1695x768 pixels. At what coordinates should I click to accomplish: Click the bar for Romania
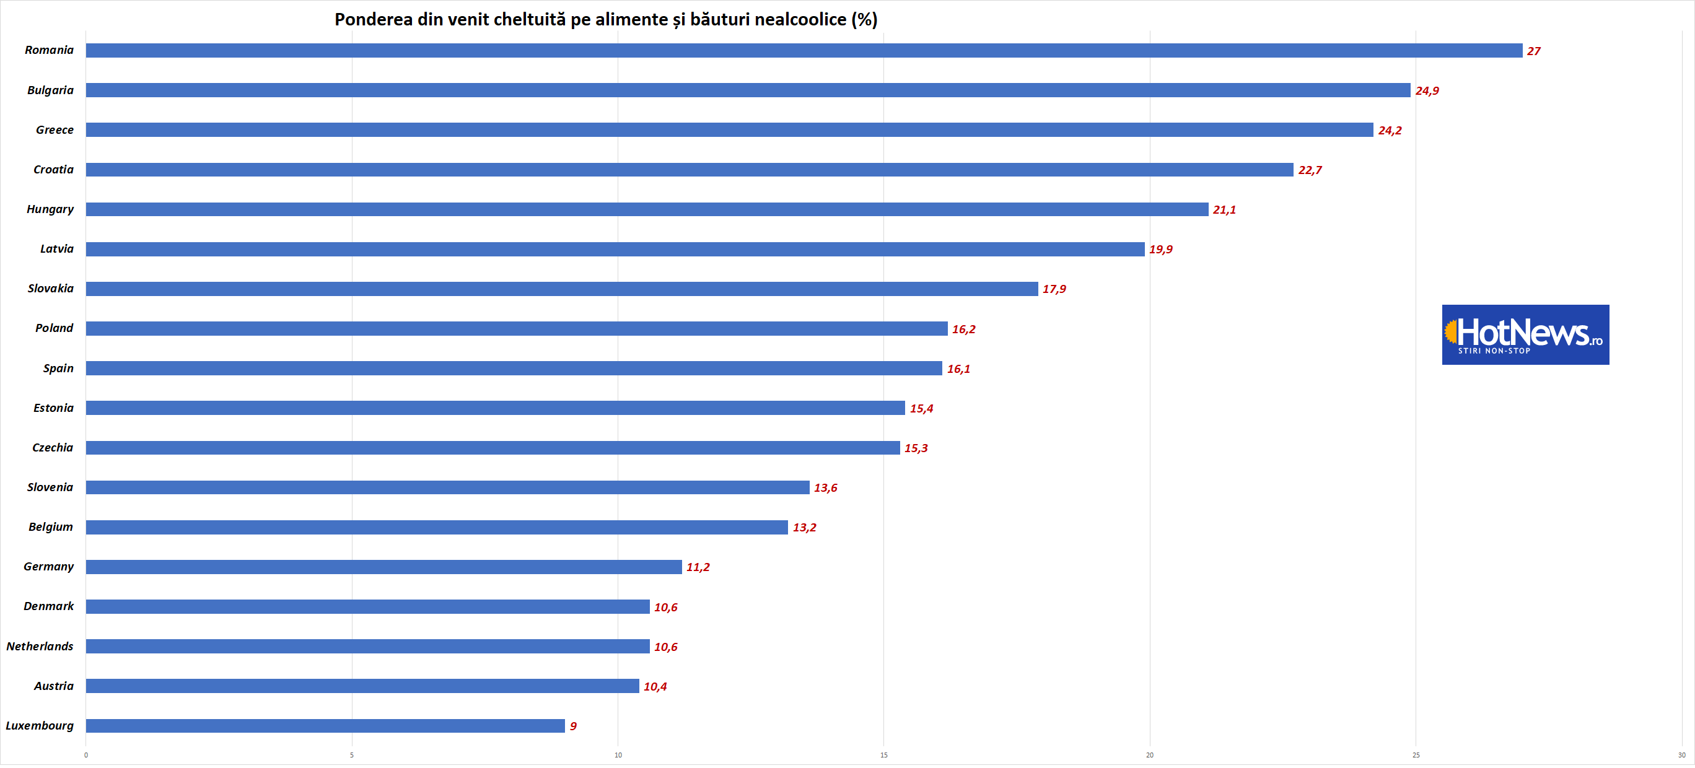(x=804, y=51)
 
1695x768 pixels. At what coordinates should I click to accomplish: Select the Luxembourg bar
(x=325, y=725)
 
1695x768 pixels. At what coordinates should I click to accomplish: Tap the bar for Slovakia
(x=561, y=289)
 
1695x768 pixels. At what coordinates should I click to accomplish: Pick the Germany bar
(x=383, y=567)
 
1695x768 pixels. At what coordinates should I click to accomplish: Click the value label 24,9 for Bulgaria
(x=1427, y=91)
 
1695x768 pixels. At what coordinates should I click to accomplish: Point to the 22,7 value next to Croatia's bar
(x=1310, y=170)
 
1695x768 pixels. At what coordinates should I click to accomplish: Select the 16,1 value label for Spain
(x=958, y=369)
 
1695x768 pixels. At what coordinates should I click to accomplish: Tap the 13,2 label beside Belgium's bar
(x=804, y=528)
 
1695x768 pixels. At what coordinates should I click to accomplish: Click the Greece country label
(x=55, y=130)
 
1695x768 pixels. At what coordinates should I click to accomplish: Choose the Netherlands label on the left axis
(x=40, y=646)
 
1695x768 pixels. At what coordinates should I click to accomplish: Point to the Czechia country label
(x=53, y=448)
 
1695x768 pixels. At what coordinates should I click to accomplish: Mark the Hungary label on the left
(x=50, y=209)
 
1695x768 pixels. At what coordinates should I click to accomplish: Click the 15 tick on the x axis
(x=883, y=755)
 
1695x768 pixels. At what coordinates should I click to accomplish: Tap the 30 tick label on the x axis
(x=1681, y=755)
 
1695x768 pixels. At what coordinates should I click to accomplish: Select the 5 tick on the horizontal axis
(x=352, y=755)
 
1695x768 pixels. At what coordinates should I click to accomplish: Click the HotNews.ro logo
(x=1525, y=334)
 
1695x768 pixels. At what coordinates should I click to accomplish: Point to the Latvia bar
(x=615, y=250)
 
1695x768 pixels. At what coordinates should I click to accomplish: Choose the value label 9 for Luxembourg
(x=573, y=726)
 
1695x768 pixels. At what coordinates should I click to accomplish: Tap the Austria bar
(x=362, y=686)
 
